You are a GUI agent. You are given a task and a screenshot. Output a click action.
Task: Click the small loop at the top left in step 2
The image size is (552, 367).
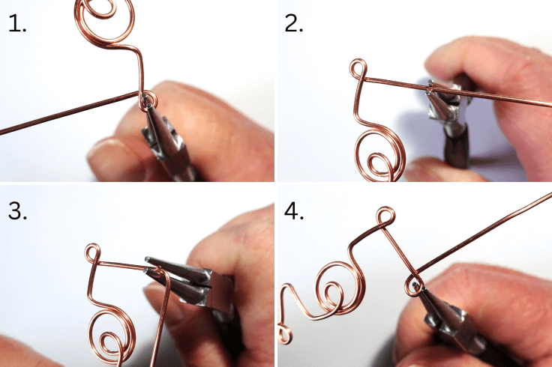point(358,71)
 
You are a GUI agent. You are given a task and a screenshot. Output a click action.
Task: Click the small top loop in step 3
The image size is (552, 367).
point(93,253)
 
